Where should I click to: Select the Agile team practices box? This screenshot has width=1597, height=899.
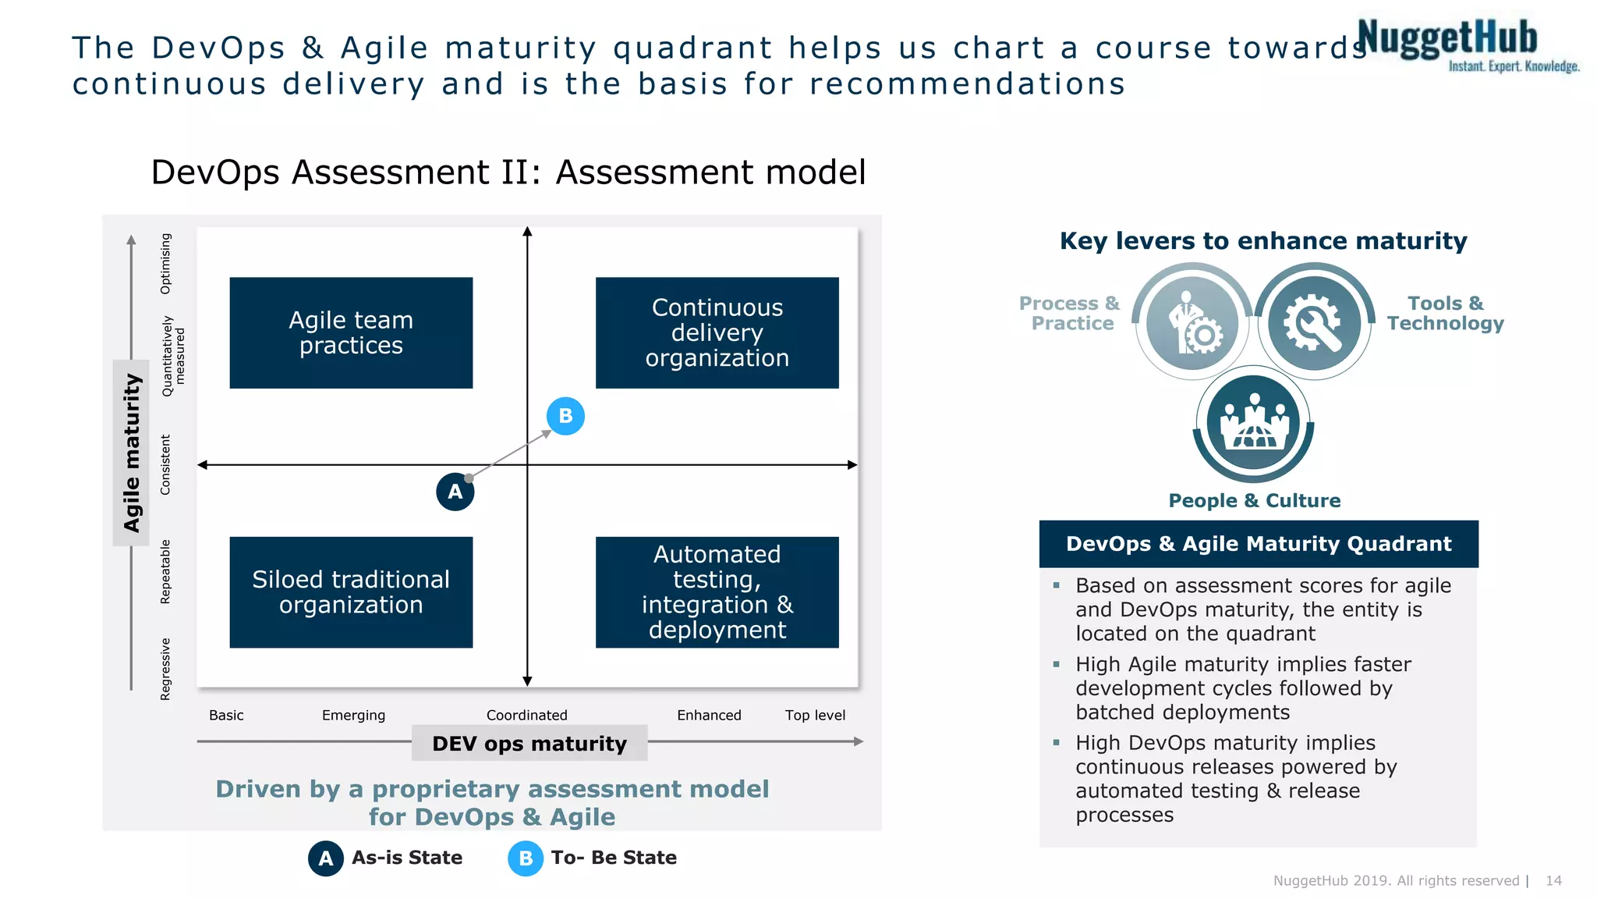point(351,332)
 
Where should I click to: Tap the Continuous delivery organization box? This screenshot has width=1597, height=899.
point(717,332)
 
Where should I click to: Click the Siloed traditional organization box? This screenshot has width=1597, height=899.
point(351,592)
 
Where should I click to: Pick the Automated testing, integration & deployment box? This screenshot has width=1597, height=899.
point(717,592)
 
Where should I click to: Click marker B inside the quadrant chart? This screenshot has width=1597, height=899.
point(565,416)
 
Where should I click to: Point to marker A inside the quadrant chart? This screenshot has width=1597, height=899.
point(455,492)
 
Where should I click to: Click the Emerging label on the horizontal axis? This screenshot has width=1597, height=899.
point(353,715)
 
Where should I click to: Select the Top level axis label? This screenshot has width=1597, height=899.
point(815,715)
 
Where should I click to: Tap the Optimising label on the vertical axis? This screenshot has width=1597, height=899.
point(165,264)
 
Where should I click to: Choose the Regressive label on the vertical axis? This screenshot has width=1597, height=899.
point(165,669)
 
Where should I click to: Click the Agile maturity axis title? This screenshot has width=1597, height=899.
point(131,453)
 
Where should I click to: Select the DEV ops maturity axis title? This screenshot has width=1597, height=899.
point(529,743)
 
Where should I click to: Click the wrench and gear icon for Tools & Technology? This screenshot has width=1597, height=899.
point(1314,322)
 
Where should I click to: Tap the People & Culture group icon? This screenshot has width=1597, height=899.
point(1253,422)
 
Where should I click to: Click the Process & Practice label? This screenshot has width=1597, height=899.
point(1070,313)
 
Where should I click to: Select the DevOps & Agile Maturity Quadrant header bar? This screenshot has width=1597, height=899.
point(1258,544)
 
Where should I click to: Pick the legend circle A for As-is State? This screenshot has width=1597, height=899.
point(326,858)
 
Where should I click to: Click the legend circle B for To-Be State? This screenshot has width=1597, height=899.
point(526,858)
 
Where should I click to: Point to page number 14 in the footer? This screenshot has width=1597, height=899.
point(1553,880)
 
